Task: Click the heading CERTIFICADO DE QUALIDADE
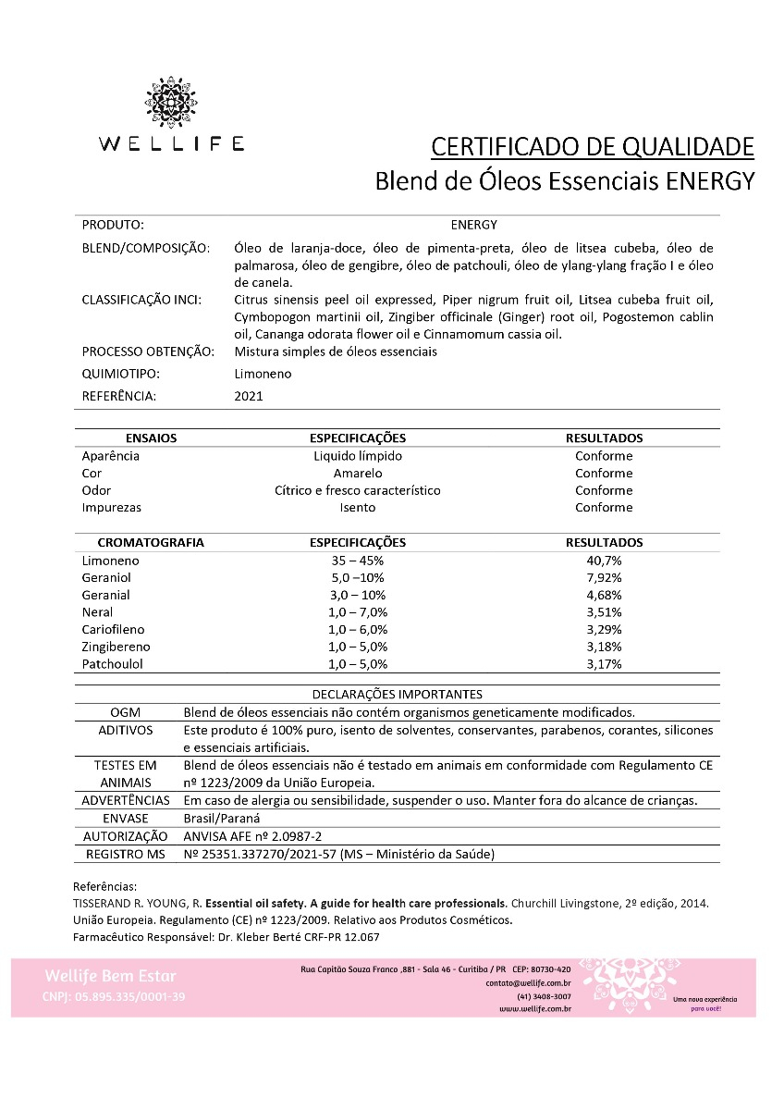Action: pyautogui.click(x=593, y=146)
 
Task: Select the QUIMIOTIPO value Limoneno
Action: pyautogui.click(x=263, y=374)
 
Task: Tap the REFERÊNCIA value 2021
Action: pyautogui.click(x=249, y=396)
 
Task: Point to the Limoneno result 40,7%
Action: pyautogui.click(x=604, y=561)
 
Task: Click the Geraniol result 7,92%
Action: pyautogui.click(x=604, y=578)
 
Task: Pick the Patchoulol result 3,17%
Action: pyautogui.click(x=604, y=663)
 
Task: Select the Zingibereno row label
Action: pyautogui.click(x=116, y=647)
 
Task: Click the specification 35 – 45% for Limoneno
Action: pyautogui.click(x=357, y=561)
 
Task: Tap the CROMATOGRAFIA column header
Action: pyautogui.click(x=151, y=543)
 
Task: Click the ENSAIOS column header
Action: pyautogui.click(x=151, y=438)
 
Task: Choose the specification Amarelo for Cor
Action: pyautogui.click(x=357, y=473)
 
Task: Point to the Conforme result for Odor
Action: pyautogui.click(x=604, y=490)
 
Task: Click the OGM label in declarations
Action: pyautogui.click(x=125, y=712)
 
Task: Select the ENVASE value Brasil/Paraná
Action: pyautogui.click(x=222, y=818)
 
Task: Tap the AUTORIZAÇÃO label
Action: pyautogui.click(x=125, y=835)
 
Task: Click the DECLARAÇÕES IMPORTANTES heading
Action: pyautogui.click(x=396, y=694)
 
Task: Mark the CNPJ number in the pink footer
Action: pyautogui.click(x=114, y=996)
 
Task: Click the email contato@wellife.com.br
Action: pyautogui.click(x=528, y=982)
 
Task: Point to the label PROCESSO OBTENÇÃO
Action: pyautogui.click(x=148, y=351)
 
